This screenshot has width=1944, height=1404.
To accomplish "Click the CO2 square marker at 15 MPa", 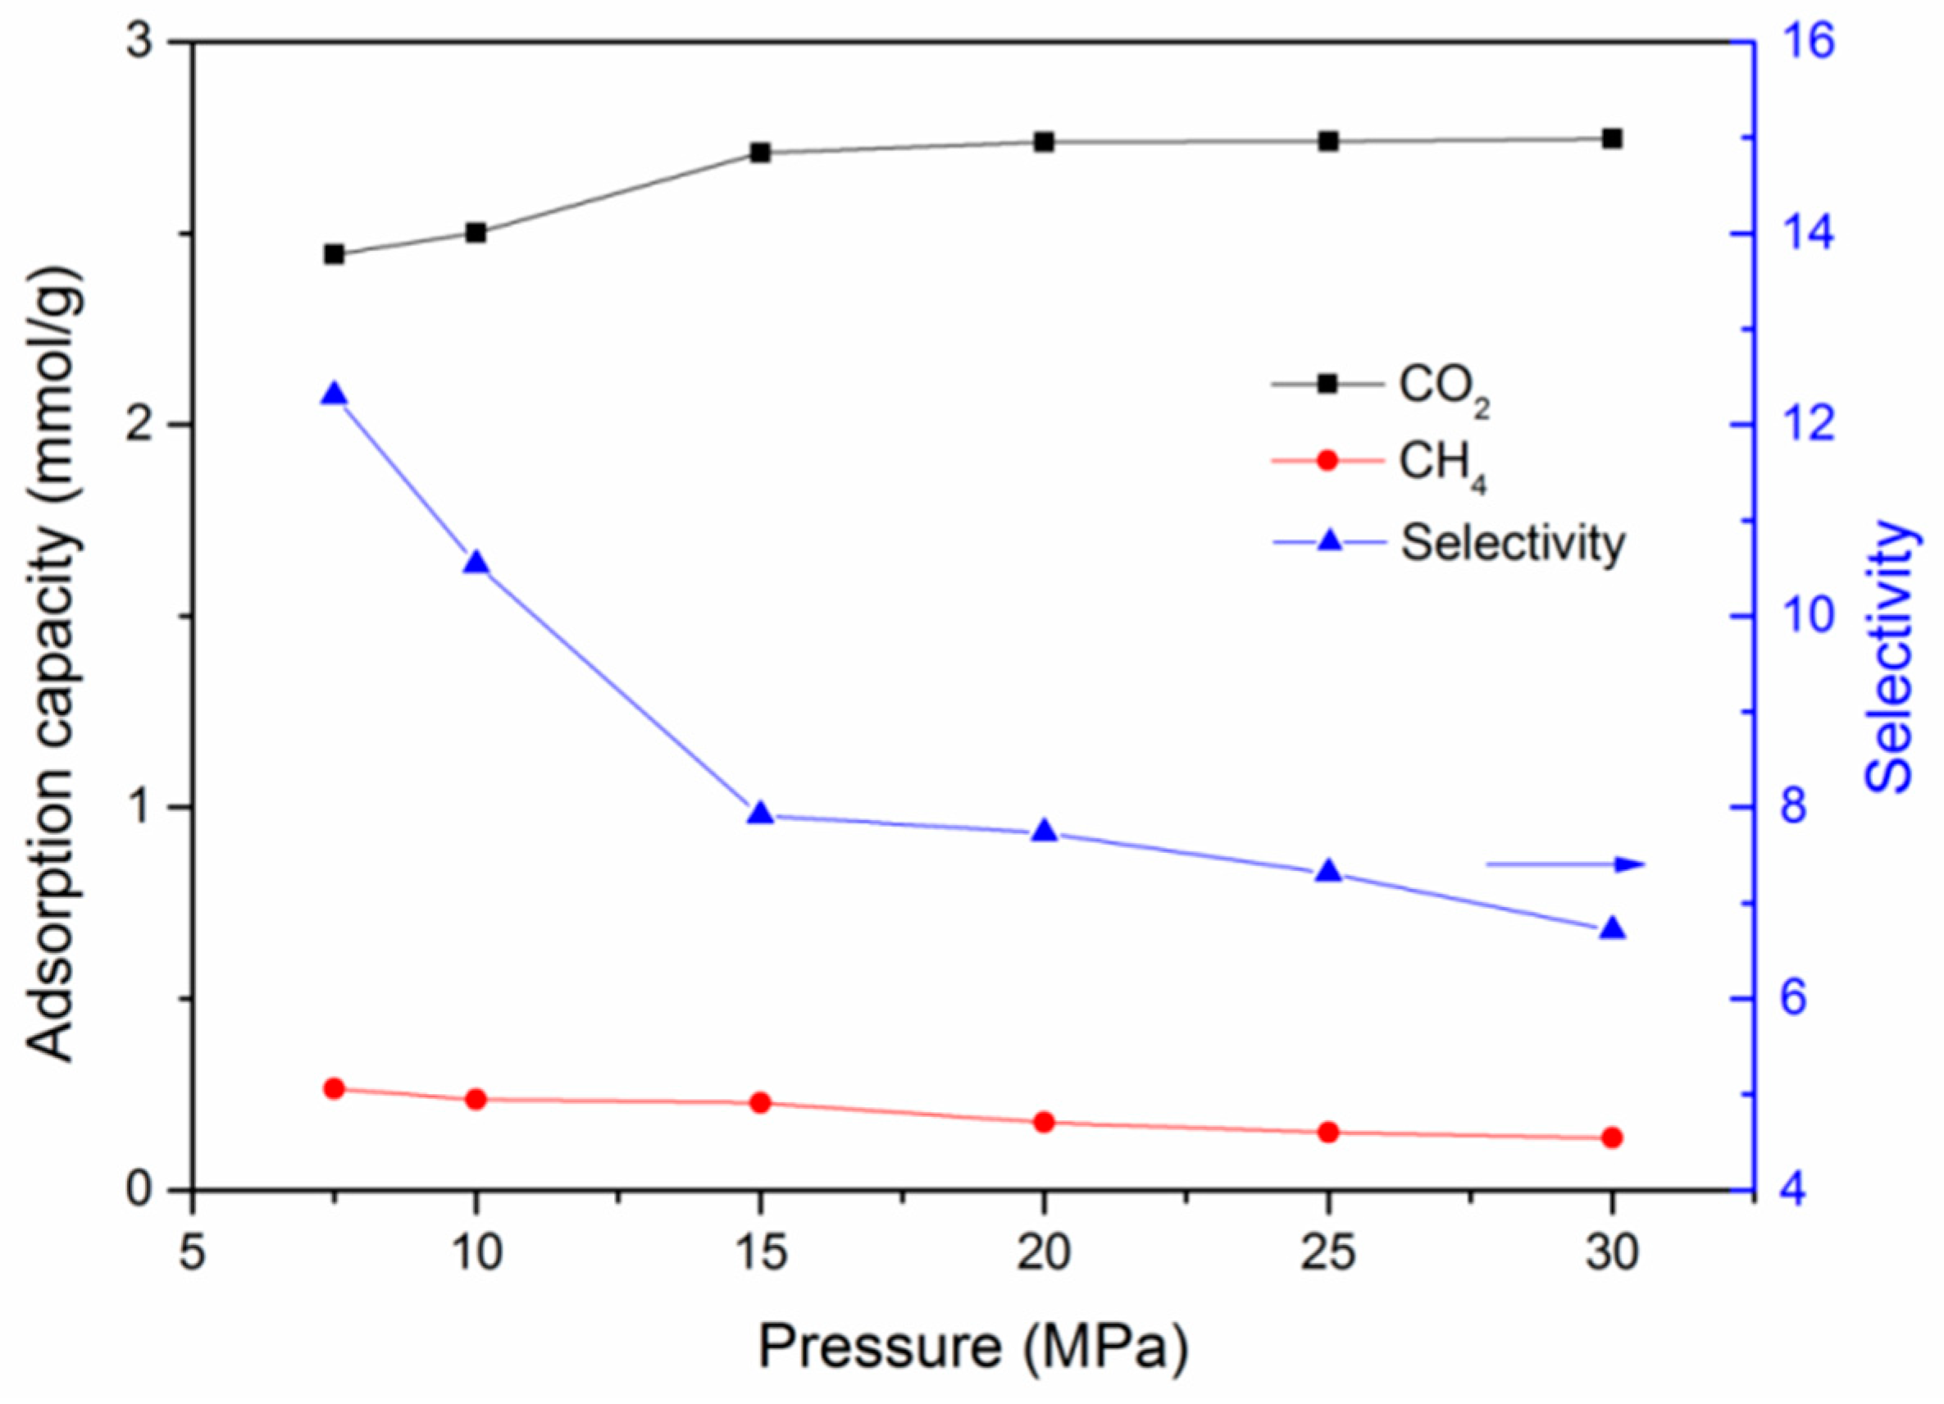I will pos(759,153).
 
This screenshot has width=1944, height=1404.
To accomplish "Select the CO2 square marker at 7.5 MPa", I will pos(335,254).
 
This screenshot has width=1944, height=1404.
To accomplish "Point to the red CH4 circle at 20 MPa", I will pos(1043,1122).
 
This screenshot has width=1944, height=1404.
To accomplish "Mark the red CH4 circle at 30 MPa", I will pos(1612,1137).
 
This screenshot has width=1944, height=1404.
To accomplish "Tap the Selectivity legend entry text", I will pos(1512,543).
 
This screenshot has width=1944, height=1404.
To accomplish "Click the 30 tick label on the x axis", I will pos(1612,1254).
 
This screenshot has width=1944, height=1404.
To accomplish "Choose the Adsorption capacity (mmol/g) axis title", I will pos(55,664).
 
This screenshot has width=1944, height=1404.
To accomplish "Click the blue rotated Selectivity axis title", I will pos(1888,656).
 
